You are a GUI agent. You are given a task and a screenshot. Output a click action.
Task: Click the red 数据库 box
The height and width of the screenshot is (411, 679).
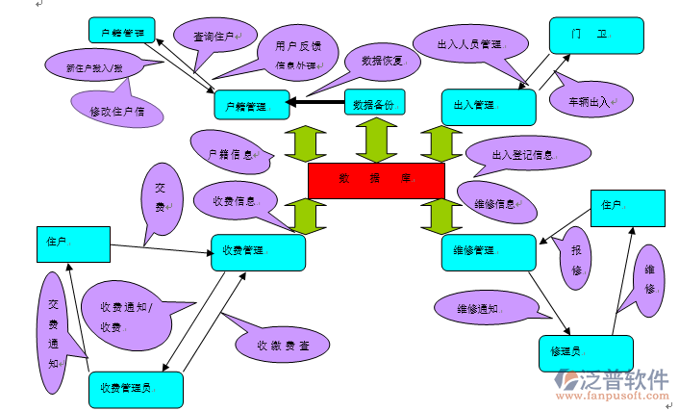(376, 180)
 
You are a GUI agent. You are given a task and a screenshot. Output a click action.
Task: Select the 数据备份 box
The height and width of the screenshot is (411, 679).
(374, 102)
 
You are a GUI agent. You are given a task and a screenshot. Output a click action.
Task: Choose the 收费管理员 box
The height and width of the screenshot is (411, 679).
(136, 389)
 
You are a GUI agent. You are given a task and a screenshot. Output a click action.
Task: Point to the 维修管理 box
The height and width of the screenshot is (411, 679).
(488, 251)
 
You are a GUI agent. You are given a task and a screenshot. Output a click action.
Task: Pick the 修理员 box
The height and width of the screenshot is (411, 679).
(586, 352)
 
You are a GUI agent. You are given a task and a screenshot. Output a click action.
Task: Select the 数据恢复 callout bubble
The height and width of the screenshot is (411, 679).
(381, 61)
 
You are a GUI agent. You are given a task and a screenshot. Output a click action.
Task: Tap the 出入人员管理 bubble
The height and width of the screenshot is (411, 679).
(469, 44)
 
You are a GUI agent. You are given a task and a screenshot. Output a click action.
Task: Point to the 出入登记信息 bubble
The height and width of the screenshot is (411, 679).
(525, 153)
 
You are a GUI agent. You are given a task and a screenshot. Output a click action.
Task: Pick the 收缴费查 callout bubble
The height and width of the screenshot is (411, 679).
(283, 345)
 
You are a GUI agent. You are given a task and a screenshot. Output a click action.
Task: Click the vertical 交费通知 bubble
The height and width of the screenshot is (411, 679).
(55, 331)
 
